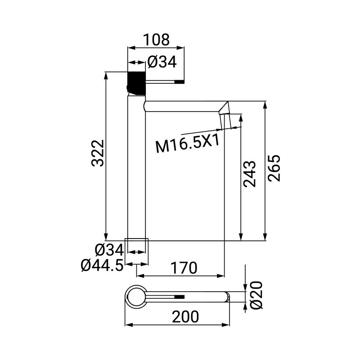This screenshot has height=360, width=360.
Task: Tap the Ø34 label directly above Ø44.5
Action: [109, 249]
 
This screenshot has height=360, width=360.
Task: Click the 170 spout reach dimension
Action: [183, 268]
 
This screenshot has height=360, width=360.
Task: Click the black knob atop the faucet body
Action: [137, 82]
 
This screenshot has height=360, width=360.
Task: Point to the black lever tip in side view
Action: [179, 82]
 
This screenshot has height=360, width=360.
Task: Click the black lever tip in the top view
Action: [179, 297]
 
